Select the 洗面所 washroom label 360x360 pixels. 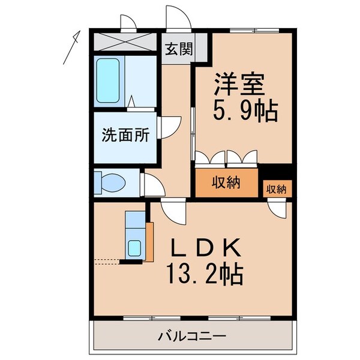125,136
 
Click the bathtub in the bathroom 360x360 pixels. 109,81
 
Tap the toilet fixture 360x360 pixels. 110,181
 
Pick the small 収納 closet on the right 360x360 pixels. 277,189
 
